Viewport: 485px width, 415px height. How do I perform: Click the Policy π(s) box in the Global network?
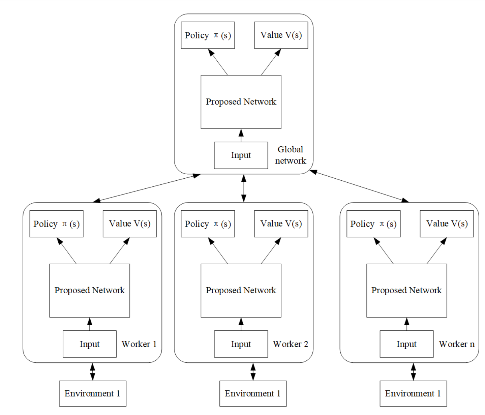(x=208, y=35)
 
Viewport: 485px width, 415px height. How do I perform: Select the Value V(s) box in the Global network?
(x=281, y=35)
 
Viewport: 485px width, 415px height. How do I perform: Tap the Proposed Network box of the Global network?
(x=241, y=102)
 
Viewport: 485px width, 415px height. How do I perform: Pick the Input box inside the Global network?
(x=241, y=155)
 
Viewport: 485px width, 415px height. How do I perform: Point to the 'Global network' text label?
(x=290, y=155)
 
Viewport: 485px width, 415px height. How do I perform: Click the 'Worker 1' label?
(x=139, y=344)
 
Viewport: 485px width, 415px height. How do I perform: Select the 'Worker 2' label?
(x=290, y=344)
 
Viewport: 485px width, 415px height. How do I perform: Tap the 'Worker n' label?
(x=456, y=344)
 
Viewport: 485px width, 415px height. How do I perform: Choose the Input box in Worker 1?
(x=89, y=344)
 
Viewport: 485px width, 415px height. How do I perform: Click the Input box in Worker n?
(x=406, y=344)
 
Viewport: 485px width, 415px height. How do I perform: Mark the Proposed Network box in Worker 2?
(x=241, y=291)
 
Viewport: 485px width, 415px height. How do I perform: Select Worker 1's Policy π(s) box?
(x=56, y=224)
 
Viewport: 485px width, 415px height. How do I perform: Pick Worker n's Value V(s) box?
(x=447, y=224)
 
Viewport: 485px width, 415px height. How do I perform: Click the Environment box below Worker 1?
(x=92, y=394)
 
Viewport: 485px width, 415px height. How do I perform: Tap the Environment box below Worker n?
(x=413, y=394)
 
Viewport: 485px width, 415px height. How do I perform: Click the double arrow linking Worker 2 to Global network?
(x=244, y=188)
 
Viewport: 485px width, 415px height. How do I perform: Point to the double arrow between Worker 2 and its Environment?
(x=253, y=372)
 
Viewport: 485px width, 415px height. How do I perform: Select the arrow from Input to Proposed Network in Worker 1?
(x=90, y=324)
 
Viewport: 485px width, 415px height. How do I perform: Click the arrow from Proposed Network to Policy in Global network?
(x=218, y=62)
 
